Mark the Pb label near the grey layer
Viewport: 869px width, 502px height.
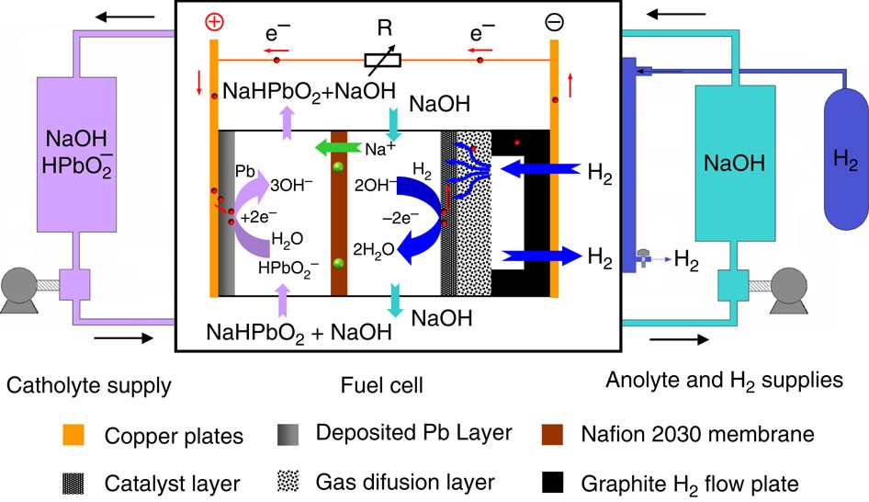click(243, 172)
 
